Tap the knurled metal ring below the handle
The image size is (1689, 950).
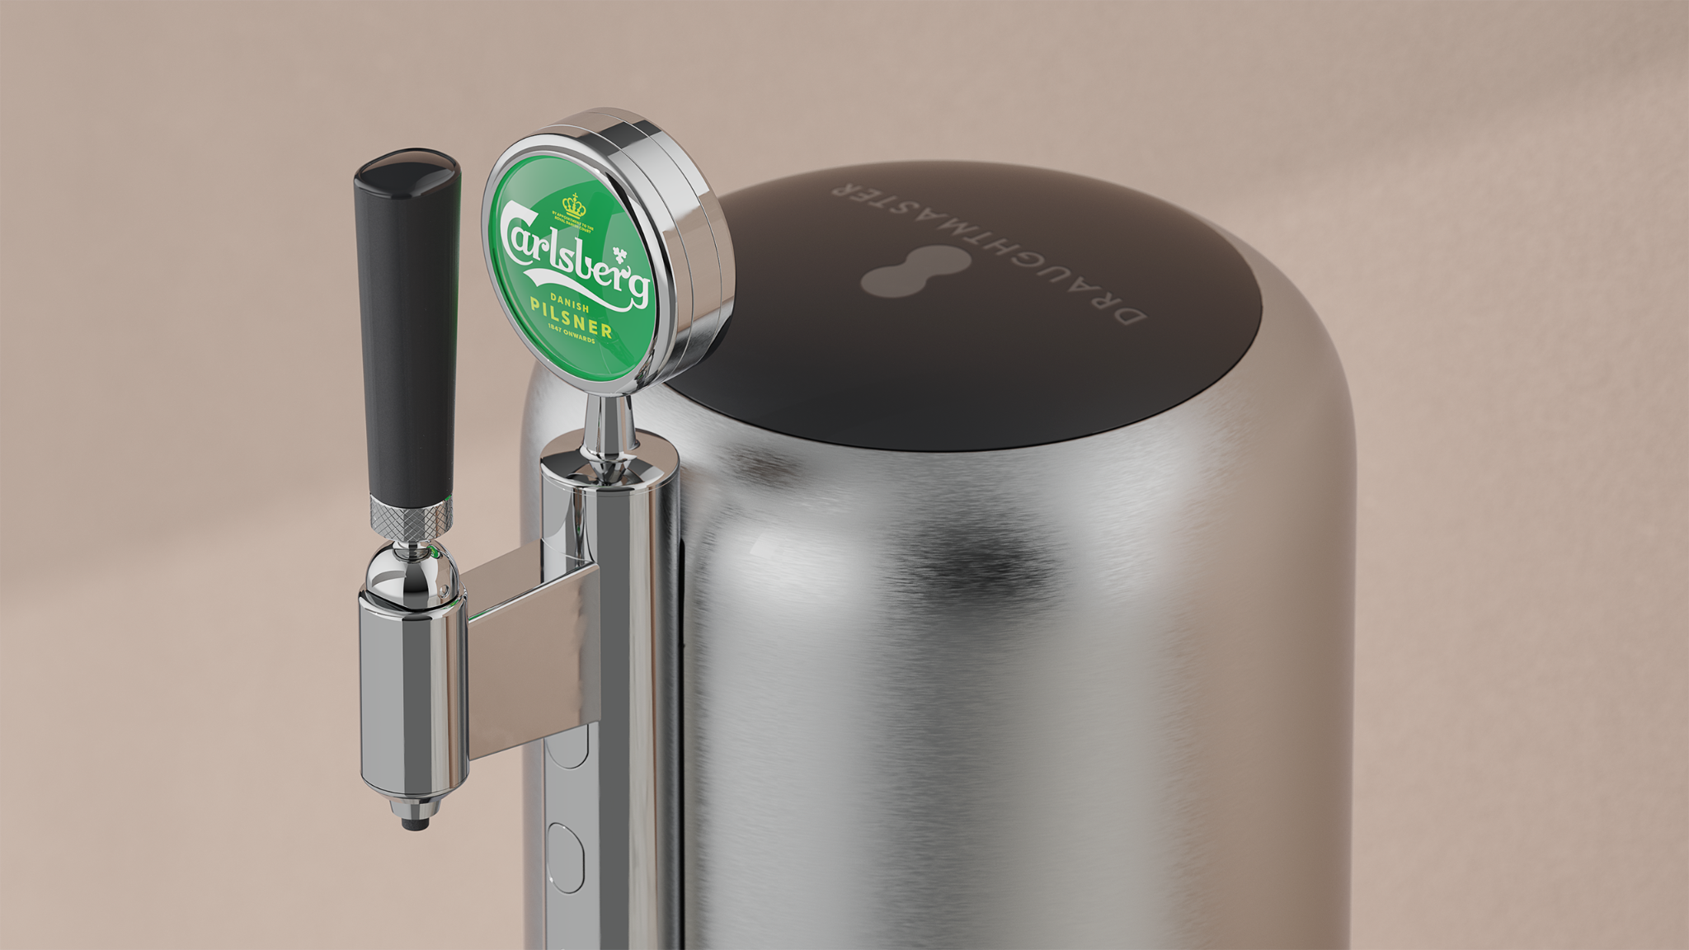tap(411, 516)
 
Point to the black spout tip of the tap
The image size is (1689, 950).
tap(414, 823)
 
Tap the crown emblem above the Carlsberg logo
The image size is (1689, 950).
tap(573, 206)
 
